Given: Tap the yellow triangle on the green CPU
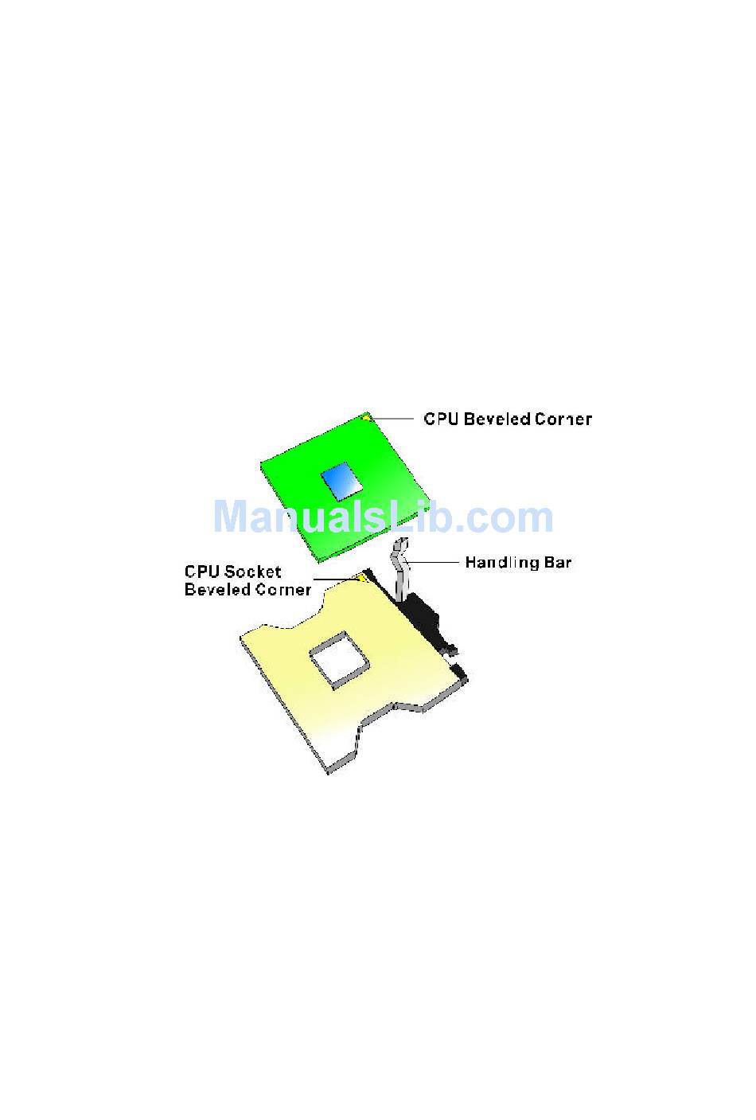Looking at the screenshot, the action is pyautogui.click(x=365, y=416).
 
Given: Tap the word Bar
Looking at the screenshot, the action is pyautogui.click(x=558, y=563).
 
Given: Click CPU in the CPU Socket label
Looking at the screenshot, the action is pyautogui.click(x=202, y=572).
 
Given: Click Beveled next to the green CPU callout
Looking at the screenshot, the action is pyautogui.click(x=497, y=419).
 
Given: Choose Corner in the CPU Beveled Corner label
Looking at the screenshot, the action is pyautogui.click(x=563, y=419).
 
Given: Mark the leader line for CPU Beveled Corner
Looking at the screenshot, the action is pyautogui.click(x=393, y=418).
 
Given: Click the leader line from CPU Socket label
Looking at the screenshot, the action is pyautogui.click(x=334, y=580).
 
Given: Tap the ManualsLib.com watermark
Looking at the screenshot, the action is pyautogui.click(x=383, y=517).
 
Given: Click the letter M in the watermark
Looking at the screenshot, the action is pyautogui.click(x=232, y=517).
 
